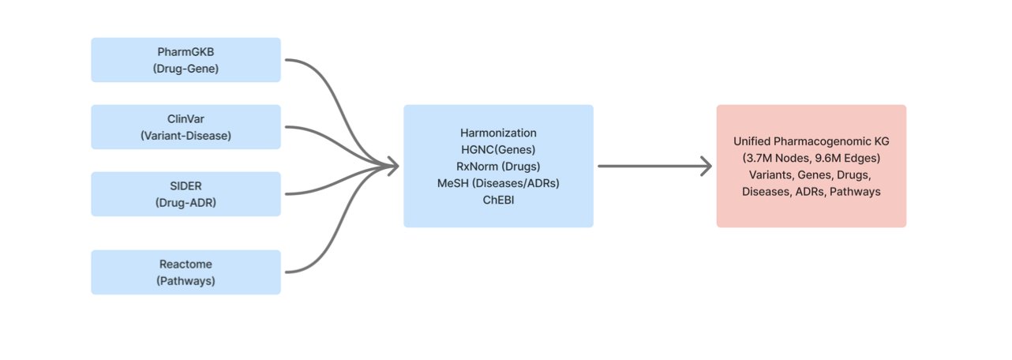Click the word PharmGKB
tap(186, 53)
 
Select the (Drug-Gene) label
tap(186, 69)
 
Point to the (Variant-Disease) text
tap(186, 136)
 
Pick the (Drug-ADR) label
tap(186, 203)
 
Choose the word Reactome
tap(186, 265)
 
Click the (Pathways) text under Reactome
tap(186, 281)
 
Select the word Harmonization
tap(498, 133)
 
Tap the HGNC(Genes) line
tap(498, 149)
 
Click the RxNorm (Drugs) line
tap(498, 166)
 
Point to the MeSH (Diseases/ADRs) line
tap(498, 183)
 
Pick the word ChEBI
tap(498, 200)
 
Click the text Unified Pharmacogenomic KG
tap(811, 141)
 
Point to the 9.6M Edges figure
tap(847, 158)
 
